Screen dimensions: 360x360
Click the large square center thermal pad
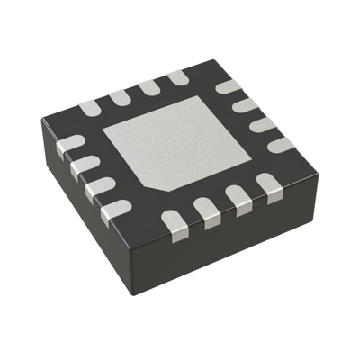point(180,144)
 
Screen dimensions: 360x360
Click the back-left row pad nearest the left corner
point(91,107)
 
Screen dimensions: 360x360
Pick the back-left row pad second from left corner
point(120,96)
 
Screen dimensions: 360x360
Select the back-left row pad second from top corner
point(149,86)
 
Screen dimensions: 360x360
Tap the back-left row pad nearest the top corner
point(177,77)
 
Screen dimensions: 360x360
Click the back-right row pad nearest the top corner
point(229,88)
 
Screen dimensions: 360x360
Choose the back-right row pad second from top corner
point(245,105)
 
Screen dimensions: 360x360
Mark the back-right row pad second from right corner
point(262,123)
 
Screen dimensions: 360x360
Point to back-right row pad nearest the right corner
point(281,143)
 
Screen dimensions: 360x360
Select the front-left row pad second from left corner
point(84,165)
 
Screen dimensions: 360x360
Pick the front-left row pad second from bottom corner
point(99,187)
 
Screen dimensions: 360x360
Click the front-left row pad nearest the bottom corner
point(115,211)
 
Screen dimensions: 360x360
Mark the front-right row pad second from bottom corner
point(207,212)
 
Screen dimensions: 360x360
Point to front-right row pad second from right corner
point(238,199)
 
